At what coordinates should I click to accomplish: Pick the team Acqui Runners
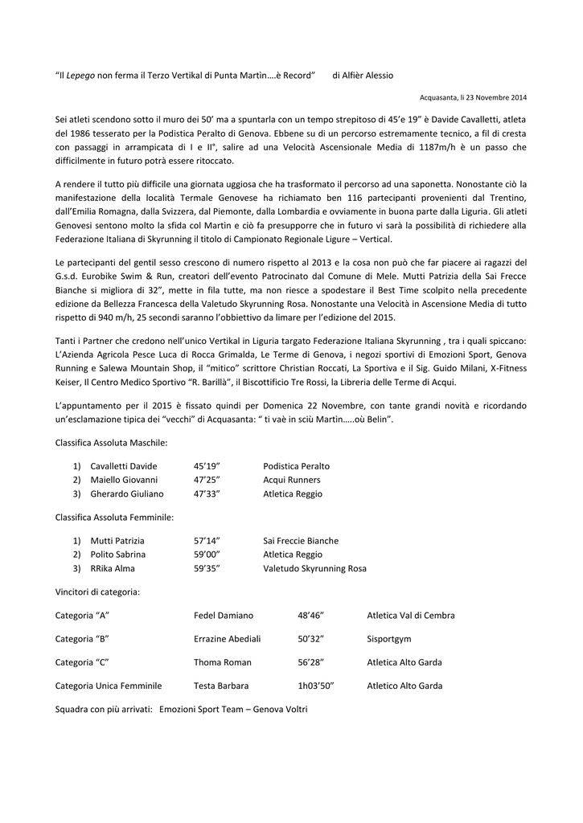point(292,480)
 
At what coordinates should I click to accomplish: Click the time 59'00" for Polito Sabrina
point(207,555)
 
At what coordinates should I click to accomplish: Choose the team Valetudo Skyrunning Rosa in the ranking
point(314,568)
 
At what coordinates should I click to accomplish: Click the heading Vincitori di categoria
point(97,592)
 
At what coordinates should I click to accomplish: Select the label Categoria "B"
point(82,639)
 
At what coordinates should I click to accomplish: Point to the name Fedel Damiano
point(224,616)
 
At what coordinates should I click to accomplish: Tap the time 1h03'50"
point(315,686)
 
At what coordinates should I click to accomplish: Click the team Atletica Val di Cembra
point(411,616)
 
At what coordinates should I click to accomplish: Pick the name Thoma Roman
point(223,662)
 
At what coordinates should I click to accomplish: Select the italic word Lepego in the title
point(80,75)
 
